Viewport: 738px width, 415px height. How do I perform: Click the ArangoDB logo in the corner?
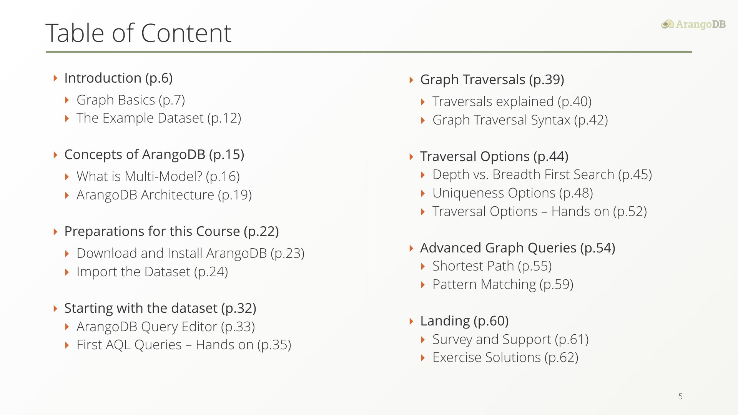coord(693,24)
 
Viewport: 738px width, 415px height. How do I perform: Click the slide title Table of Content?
coord(138,33)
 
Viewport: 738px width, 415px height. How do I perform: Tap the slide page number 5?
coord(680,396)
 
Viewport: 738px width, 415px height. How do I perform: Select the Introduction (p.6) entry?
coord(118,78)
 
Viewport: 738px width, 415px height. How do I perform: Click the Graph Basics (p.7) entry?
coord(131,100)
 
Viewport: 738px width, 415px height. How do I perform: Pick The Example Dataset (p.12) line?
coord(159,118)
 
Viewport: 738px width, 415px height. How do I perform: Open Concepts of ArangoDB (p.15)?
coord(154,154)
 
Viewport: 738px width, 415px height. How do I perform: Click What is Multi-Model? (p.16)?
coord(158,176)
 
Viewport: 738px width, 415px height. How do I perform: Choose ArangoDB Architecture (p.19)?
coord(164,195)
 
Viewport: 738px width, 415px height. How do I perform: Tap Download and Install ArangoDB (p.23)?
coord(191,253)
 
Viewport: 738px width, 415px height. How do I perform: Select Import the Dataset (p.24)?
coord(152,272)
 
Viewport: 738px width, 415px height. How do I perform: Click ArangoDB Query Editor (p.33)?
coord(166,327)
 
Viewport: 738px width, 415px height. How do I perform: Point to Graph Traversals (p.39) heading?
coord(492,80)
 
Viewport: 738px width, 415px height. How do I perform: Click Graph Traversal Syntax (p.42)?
coord(520,120)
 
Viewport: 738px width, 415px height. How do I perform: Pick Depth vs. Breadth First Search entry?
coord(542,174)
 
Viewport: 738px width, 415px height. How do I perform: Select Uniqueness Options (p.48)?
coord(513,193)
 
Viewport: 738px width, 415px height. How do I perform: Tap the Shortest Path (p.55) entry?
coord(492,266)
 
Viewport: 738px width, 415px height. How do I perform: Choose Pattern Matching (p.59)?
coord(503,284)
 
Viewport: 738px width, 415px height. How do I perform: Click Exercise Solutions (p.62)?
coord(505,357)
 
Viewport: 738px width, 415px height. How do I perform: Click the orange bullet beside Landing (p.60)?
coord(411,321)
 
